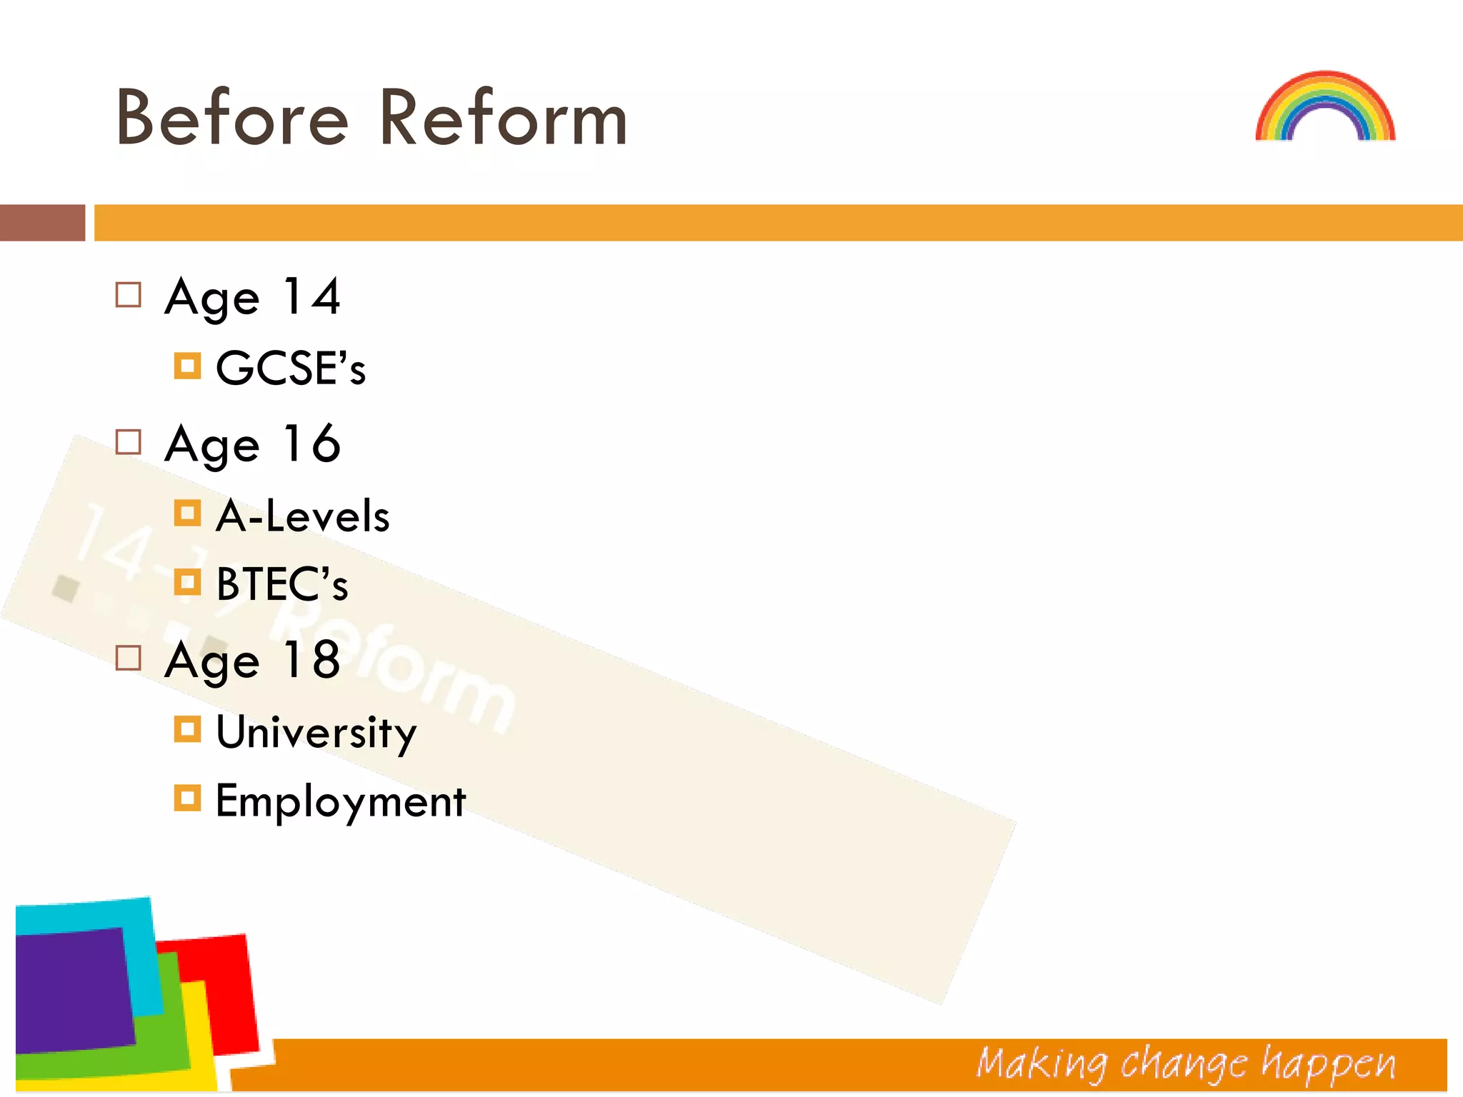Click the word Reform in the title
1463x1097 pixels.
(x=503, y=118)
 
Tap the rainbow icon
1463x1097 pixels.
(x=1325, y=106)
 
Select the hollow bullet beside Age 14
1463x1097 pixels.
(x=129, y=295)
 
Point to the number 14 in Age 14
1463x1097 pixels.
(x=311, y=296)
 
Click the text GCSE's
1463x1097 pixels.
(x=291, y=369)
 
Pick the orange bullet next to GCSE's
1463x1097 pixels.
(x=187, y=366)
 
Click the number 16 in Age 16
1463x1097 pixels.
(x=311, y=444)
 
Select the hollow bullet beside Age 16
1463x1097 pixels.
(x=129, y=442)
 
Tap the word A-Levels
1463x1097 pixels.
(x=303, y=516)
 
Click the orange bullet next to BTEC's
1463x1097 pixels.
(x=187, y=582)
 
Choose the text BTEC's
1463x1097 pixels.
(x=282, y=584)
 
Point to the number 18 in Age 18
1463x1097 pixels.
(x=311, y=660)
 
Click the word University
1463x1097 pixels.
(x=316, y=733)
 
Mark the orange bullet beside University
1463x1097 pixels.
(x=187, y=729)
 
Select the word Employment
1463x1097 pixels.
(x=341, y=801)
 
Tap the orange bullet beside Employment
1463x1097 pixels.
(x=187, y=798)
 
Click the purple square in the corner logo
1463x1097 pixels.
(x=71, y=989)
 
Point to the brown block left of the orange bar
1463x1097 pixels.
(x=42, y=223)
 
